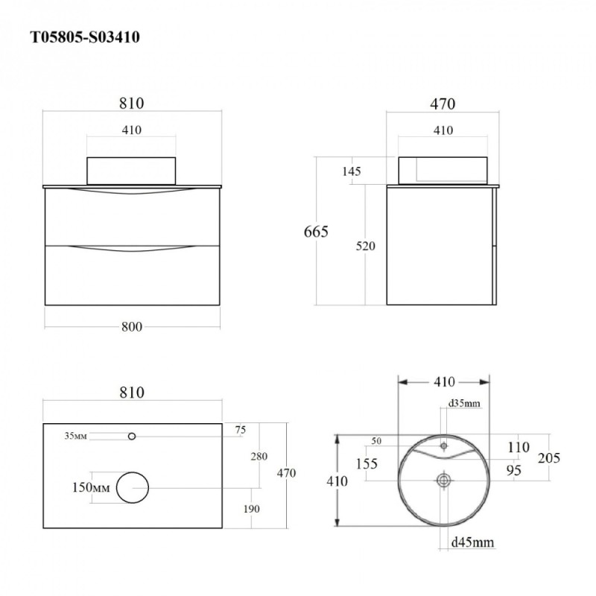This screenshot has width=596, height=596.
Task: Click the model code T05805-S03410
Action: [85, 37]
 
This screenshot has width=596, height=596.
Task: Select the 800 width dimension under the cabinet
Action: [132, 326]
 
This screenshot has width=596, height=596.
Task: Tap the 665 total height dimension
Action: [316, 232]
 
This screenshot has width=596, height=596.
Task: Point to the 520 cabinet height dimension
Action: [365, 246]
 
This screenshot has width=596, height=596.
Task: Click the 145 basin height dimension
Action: [351, 171]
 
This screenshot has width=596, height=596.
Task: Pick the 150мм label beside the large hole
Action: [91, 487]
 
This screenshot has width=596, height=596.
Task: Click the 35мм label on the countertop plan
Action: [76, 436]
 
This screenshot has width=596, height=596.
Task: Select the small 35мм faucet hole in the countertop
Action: [132, 437]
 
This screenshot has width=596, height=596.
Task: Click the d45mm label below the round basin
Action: [472, 542]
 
